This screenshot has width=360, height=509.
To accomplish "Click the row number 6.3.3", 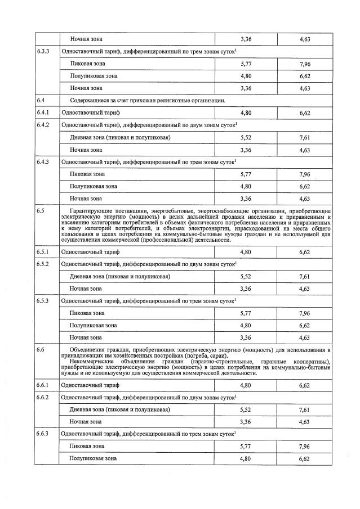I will tap(43, 51).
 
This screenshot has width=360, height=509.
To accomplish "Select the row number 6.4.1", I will tap(43, 112).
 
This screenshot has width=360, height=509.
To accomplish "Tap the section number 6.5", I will tap(41, 210).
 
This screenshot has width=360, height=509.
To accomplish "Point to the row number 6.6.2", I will tap(43, 397).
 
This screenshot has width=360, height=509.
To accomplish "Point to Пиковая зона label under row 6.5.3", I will tap(87, 313).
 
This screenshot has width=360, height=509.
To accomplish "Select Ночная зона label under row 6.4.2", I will tap(86, 150).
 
